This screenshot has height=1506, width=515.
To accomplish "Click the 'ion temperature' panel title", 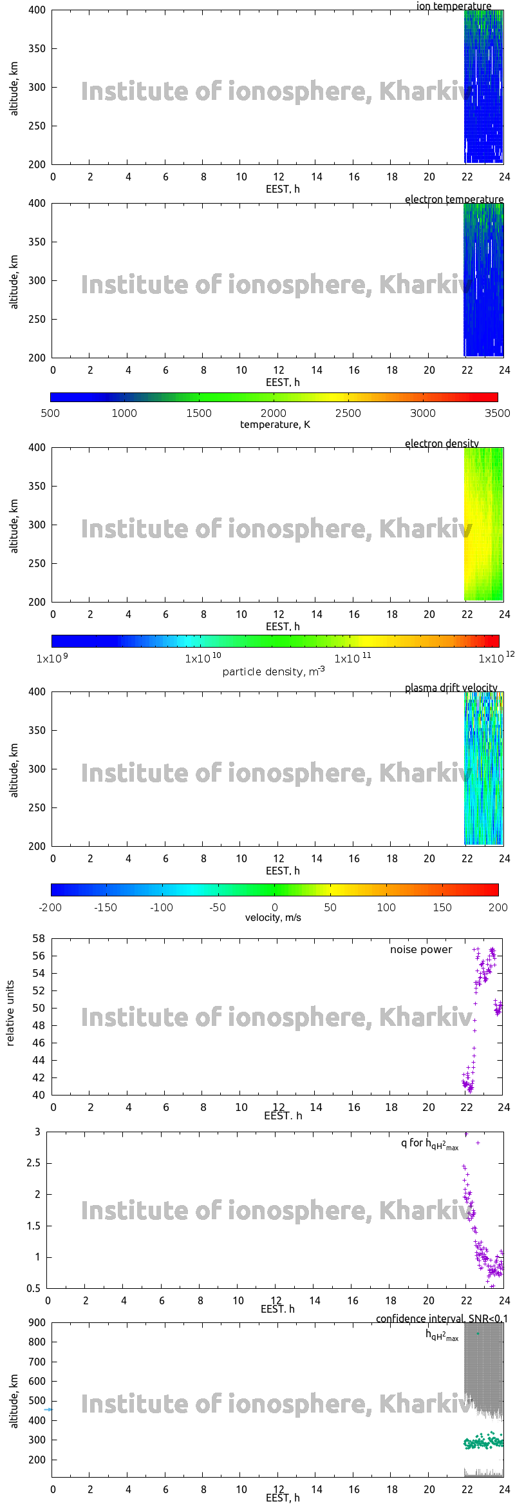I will click(x=453, y=6).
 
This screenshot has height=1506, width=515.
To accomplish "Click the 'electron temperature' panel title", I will click(x=454, y=199).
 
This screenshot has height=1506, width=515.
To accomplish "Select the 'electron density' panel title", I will click(x=442, y=443).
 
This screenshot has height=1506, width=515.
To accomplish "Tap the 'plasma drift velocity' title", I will click(x=451, y=688).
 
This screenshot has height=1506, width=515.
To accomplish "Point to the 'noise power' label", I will click(x=420, y=949).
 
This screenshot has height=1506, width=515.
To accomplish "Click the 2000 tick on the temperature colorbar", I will click(x=274, y=413).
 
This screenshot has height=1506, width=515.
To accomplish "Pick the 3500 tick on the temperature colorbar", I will click(x=497, y=413).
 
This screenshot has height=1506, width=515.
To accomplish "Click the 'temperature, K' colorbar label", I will click(x=275, y=425).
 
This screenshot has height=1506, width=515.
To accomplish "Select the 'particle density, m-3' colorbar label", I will click(x=274, y=671).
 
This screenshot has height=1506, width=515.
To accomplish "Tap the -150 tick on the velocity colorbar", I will click(x=106, y=907).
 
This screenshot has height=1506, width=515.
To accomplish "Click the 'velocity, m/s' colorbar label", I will click(x=273, y=917).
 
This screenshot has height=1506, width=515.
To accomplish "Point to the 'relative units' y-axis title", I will click(x=10, y=1014).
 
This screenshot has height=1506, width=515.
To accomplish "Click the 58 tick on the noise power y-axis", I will click(x=39, y=938).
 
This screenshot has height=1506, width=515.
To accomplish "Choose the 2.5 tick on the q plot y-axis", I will click(x=33, y=1163).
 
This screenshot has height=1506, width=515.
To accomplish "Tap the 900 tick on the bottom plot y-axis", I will click(x=37, y=1322).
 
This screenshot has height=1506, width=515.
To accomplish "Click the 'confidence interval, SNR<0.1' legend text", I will click(x=442, y=1319).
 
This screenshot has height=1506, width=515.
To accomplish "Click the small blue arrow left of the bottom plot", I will click(x=48, y=1409).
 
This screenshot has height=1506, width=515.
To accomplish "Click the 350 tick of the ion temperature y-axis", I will click(x=37, y=48).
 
